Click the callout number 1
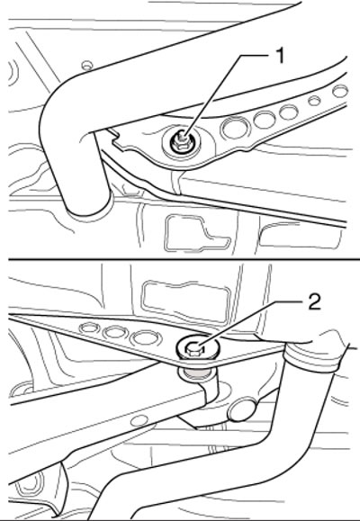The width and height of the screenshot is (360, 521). pyautogui.click(x=281, y=56)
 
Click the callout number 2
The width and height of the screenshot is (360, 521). pyautogui.click(x=314, y=302)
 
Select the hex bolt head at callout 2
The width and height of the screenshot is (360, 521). pyautogui.click(x=193, y=349)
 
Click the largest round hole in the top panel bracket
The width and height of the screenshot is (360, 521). pyautogui.click(x=235, y=127)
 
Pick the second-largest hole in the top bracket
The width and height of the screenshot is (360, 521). pyautogui.click(x=265, y=119)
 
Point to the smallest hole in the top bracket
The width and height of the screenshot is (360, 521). pyautogui.click(x=314, y=100)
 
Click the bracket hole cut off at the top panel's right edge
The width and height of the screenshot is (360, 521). pyautogui.click(x=340, y=91)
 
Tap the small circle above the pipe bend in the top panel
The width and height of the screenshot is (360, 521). pyautogui.click(x=86, y=64)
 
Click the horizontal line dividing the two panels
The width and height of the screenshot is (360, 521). pyautogui.click(x=184, y=258)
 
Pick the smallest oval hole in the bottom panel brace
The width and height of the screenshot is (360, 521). pyautogui.click(x=89, y=328)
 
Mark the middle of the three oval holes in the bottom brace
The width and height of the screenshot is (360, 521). pyautogui.click(x=115, y=332)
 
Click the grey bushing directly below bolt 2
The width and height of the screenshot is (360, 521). pyautogui.click(x=197, y=374)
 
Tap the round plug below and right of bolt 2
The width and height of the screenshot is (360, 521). pyautogui.click(x=242, y=410)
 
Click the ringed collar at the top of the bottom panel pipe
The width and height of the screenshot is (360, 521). pyautogui.click(x=312, y=358)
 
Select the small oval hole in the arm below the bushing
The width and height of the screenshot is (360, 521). pyautogui.click(x=138, y=421)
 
